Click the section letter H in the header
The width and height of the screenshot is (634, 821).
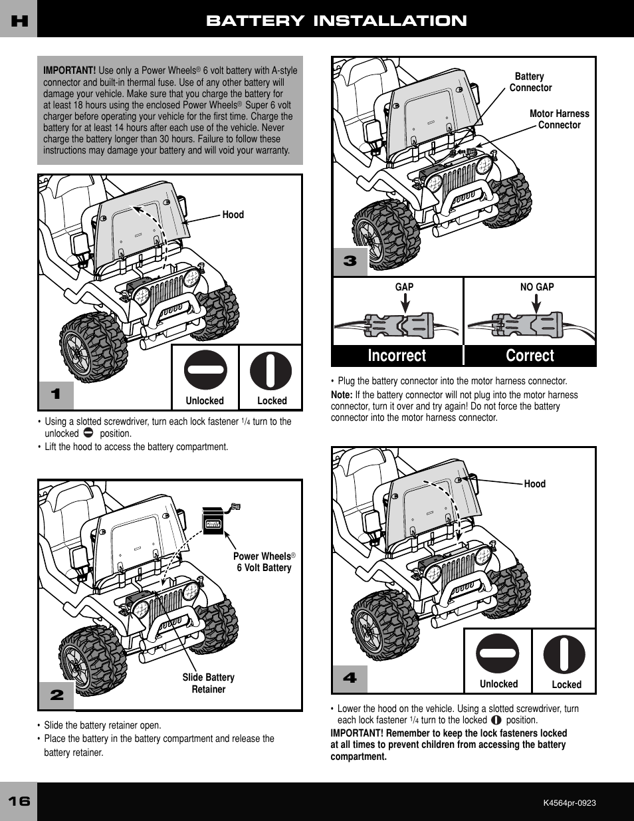(x=19, y=21)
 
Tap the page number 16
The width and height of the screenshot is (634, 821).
(x=19, y=801)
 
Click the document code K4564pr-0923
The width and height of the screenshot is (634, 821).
(x=570, y=803)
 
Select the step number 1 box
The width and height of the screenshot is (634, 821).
(x=56, y=394)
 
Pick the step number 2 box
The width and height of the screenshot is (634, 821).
(x=56, y=695)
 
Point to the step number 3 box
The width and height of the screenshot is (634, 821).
(x=350, y=261)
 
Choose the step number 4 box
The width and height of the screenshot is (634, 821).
(x=350, y=678)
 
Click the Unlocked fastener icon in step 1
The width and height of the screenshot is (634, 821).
(x=205, y=370)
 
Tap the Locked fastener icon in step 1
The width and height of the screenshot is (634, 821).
(x=270, y=370)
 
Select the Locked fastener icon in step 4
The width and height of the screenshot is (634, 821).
(x=564, y=654)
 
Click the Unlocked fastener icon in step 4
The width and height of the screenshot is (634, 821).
(x=498, y=653)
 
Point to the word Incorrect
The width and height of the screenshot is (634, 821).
(x=397, y=356)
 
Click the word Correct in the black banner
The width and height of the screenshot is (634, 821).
(x=530, y=356)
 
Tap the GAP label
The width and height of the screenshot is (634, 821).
(x=404, y=287)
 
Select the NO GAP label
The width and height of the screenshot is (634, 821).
(x=537, y=287)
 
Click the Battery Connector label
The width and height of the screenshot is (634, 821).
(x=530, y=82)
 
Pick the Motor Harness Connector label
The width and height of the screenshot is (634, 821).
(x=559, y=119)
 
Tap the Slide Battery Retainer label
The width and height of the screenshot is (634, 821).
(x=209, y=683)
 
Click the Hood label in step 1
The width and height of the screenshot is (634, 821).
(x=233, y=215)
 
